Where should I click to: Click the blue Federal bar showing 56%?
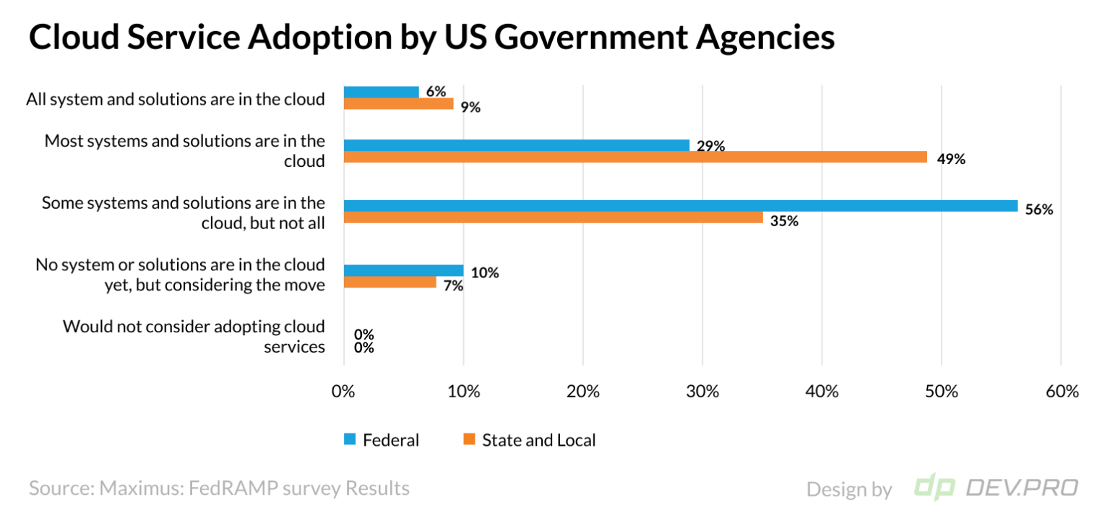[680, 206]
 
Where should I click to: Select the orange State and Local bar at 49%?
[635, 157]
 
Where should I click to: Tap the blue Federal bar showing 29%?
[516, 145]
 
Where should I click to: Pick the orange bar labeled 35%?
[553, 217]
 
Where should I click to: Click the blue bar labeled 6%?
[381, 92]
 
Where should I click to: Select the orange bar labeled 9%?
[398, 103]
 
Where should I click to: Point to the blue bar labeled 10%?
[403, 270]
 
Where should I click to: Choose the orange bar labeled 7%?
[390, 282]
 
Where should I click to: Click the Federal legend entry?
[382, 440]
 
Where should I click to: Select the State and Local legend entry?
[530, 440]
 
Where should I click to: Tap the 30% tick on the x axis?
[702, 392]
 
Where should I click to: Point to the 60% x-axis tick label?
[1061, 392]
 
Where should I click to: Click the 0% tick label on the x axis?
[343, 392]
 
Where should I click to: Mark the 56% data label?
[1039, 210]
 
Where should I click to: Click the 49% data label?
[950, 160]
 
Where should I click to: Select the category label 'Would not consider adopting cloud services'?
[194, 336]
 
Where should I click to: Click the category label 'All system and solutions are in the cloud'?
[176, 99]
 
